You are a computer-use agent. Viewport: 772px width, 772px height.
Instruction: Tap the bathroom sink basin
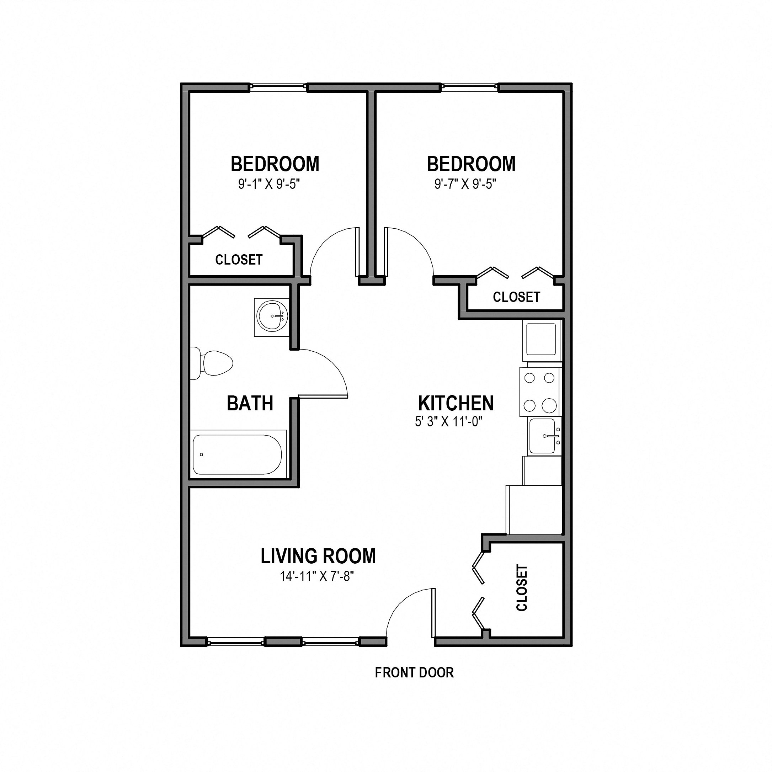[271, 316]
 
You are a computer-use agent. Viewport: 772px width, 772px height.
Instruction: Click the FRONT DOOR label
[414, 673]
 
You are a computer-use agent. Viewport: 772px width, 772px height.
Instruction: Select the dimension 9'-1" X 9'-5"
[269, 184]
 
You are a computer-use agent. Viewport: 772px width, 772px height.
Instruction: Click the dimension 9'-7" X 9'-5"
[465, 184]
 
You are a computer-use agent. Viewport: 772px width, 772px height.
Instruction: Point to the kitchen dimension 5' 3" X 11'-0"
[449, 422]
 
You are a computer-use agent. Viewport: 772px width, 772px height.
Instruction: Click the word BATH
[250, 403]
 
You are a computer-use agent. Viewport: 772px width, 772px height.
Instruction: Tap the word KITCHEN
[456, 403]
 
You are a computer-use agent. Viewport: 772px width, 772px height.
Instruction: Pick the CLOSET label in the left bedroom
[239, 260]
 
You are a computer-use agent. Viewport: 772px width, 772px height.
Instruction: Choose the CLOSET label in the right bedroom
[516, 297]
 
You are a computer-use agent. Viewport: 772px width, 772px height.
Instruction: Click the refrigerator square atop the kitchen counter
[541, 339]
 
